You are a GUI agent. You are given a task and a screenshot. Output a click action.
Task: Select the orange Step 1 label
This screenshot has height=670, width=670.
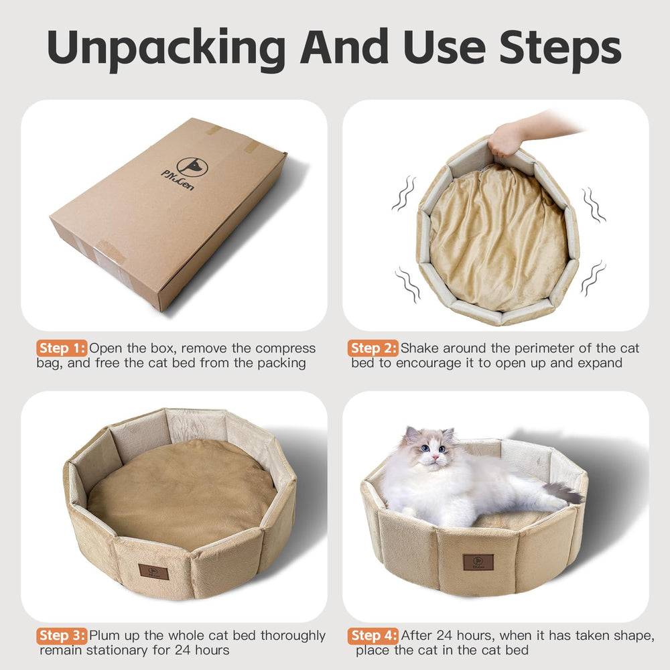pos(62,348)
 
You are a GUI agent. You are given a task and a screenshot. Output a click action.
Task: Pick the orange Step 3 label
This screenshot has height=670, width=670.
pos(62,635)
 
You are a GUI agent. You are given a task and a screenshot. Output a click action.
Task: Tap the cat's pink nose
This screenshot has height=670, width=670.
pos(435,457)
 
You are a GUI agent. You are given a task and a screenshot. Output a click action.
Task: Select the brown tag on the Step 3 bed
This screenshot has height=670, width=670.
pos(153,572)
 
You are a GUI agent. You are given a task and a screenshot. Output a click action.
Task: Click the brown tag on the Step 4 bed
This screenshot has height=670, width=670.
pos(478,562)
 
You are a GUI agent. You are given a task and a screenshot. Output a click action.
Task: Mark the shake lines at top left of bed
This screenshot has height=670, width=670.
pos(403,194)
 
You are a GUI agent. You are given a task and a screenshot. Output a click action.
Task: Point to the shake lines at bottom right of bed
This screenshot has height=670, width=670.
pos(593,278)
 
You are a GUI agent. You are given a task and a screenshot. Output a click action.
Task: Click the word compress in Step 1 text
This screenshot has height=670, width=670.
pos(281,348)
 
